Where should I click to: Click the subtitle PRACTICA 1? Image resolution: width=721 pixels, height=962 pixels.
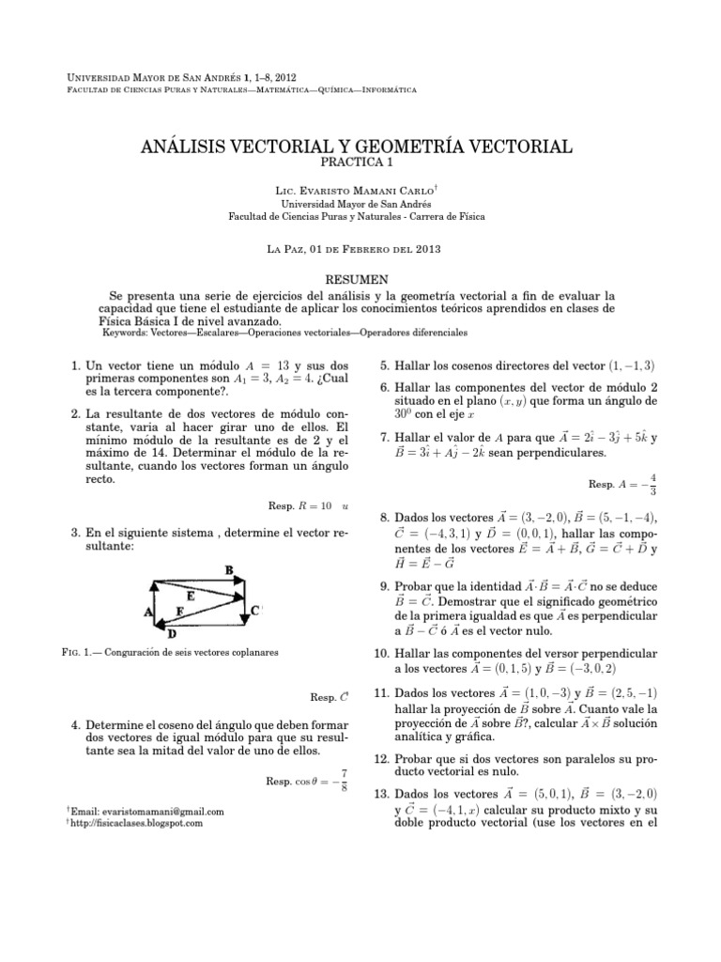pyautogui.click(x=360, y=163)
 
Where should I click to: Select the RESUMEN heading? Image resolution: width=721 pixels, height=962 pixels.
pyautogui.click(x=360, y=280)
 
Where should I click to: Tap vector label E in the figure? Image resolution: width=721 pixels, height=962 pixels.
pyautogui.click(x=192, y=596)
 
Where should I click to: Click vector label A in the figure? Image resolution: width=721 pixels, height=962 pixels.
pyautogui.click(x=147, y=612)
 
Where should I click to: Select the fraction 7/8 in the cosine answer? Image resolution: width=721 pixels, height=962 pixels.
pyautogui.click(x=345, y=779)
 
